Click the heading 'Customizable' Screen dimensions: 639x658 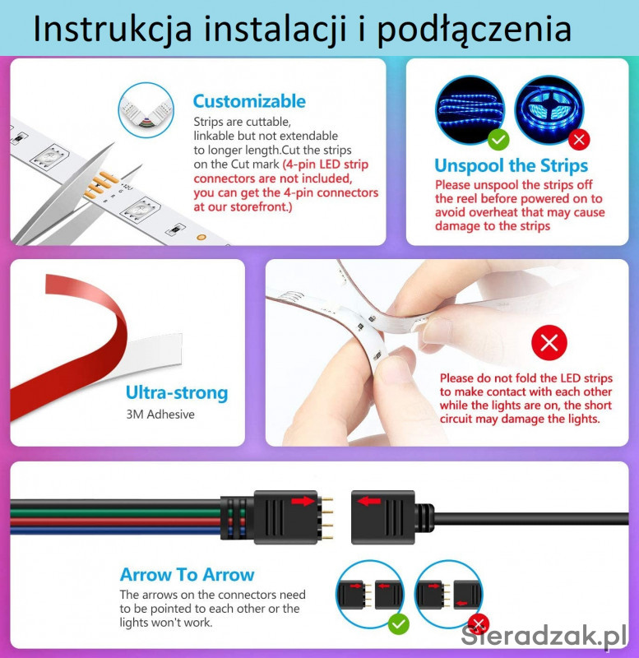click(x=249, y=101)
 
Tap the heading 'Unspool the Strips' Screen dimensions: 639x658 click(x=511, y=165)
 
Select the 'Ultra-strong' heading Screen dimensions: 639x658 click(x=177, y=393)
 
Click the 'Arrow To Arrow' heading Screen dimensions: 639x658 click(x=188, y=574)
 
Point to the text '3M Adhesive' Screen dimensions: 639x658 click(x=160, y=415)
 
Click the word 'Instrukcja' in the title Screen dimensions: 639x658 click(x=113, y=30)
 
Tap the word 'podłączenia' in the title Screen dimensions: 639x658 click(x=475, y=30)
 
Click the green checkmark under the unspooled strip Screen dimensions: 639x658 click(x=498, y=139)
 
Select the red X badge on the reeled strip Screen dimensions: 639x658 click(x=579, y=139)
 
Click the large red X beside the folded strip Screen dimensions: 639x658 click(x=549, y=342)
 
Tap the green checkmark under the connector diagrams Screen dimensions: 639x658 click(x=399, y=623)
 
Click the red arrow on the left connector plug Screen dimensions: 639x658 click(x=303, y=501)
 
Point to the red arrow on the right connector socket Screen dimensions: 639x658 click(x=369, y=501)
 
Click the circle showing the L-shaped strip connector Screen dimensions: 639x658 click(x=146, y=110)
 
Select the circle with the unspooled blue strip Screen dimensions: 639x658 click(x=470, y=110)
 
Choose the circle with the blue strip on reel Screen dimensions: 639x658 click(x=549, y=110)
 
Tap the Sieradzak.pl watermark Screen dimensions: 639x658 click(x=544, y=635)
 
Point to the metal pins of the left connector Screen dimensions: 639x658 click(x=327, y=518)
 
